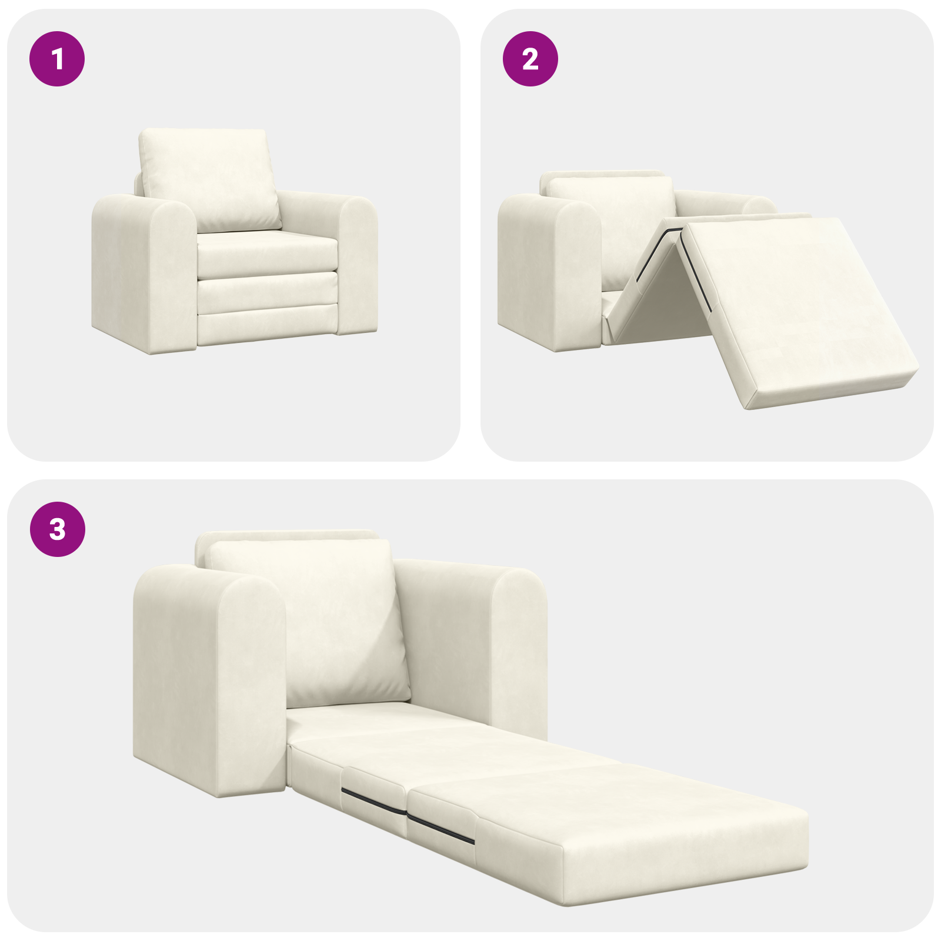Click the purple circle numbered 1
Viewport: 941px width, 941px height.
[x=57, y=59]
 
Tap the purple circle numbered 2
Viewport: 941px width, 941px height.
[x=530, y=59]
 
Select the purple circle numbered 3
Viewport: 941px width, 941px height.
[x=57, y=529]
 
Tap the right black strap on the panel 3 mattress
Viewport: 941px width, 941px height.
[x=441, y=829]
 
